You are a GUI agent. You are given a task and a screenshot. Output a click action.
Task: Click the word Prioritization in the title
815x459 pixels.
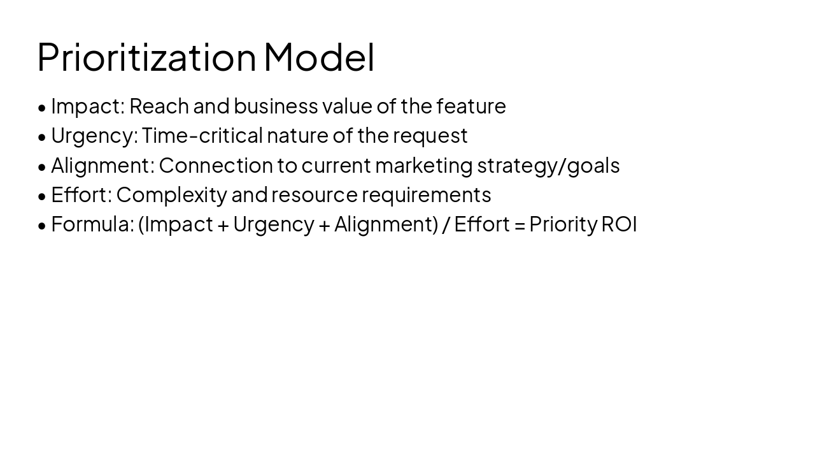[x=146, y=57]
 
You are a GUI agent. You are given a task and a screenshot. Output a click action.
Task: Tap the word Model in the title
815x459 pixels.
[x=319, y=57]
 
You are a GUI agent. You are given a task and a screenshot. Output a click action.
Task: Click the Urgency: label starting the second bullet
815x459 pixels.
[x=94, y=136]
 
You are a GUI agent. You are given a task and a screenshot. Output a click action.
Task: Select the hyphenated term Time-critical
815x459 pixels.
[x=202, y=136]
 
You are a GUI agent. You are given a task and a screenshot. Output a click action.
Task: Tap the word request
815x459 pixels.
[x=430, y=136]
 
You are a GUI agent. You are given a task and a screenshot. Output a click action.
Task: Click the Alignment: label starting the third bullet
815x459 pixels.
[x=103, y=165]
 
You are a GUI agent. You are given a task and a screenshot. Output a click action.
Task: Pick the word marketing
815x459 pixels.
[x=423, y=165]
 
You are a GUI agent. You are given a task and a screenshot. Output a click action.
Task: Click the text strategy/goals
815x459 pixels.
[x=548, y=165]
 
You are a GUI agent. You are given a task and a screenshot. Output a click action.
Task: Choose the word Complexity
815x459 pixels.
[x=171, y=194]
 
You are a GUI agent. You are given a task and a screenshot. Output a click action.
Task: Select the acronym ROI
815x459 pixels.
[x=619, y=224]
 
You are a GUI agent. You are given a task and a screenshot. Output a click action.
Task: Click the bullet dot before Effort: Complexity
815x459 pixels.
[x=42, y=196]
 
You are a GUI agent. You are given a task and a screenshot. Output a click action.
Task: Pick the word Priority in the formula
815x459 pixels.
[x=563, y=224]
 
